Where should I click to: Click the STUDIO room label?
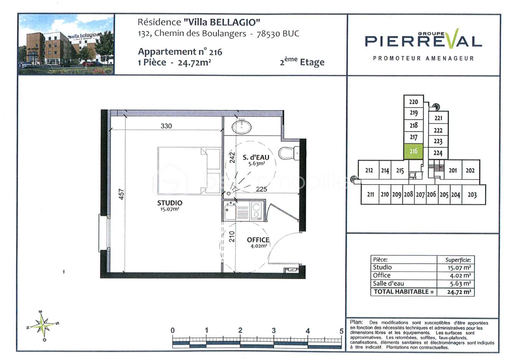[170, 203]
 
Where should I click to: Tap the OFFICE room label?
[258, 240]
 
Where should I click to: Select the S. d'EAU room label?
[256, 157]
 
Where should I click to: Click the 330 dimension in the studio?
[166, 126]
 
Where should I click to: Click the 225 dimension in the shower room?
[261, 189]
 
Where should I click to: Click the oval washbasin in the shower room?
[242, 126]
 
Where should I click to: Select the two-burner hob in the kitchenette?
[256, 211]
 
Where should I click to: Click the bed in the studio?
[189, 170]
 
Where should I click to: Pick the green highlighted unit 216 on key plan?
[413, 151]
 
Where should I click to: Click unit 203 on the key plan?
[472, 195]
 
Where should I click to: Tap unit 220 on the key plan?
[413, 102]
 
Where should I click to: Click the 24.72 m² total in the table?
[459, 292]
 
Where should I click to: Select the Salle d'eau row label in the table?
[388, 284]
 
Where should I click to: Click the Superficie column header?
[458, 260]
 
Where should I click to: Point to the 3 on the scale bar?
[274, 330]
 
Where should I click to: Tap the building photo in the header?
[66, 45]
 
